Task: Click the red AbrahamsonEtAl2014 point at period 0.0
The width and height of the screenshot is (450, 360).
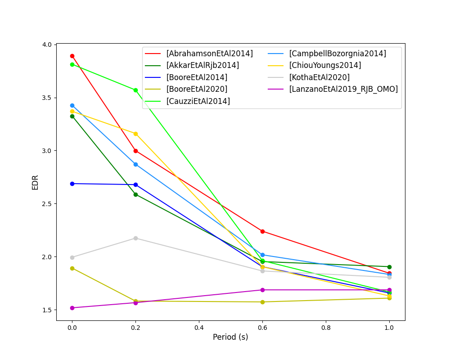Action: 72,56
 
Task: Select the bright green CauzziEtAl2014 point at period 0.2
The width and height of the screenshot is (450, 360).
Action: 135,90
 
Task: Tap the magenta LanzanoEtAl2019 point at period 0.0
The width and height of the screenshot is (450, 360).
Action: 72,308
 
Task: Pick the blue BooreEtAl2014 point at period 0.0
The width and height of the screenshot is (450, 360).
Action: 72,184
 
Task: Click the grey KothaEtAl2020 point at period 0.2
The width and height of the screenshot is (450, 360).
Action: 135,238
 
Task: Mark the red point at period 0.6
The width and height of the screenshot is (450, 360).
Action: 262,231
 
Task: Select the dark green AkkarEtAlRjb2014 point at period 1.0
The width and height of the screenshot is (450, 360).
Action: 389,267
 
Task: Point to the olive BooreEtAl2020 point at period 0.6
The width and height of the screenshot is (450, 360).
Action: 262,302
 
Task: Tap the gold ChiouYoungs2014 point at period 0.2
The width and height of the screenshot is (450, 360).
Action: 135,134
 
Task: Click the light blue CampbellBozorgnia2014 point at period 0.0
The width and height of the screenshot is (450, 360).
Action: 72,105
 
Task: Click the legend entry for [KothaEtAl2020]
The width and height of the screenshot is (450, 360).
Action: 319,77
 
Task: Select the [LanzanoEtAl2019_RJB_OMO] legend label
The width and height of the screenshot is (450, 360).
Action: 343,89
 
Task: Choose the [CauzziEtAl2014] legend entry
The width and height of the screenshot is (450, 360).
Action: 198,101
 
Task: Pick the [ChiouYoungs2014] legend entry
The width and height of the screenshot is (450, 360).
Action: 325,65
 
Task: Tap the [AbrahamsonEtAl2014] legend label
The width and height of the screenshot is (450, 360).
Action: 209,54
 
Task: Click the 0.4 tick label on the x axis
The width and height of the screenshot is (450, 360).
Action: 199,328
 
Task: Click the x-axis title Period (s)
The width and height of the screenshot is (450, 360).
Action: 230,337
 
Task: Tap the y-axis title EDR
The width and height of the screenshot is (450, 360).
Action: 35,182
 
